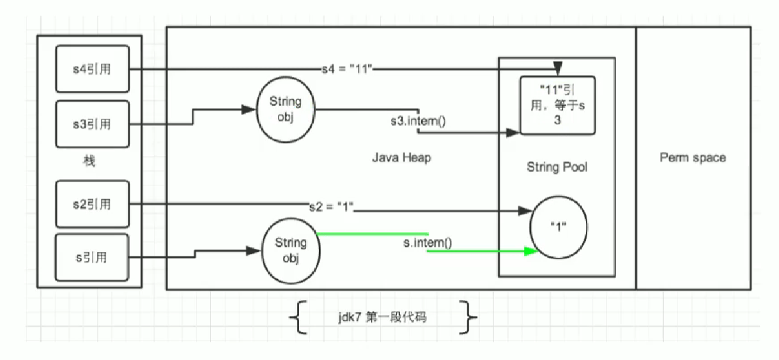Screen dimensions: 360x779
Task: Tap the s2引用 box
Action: pyautogui.click(x=93, y=205)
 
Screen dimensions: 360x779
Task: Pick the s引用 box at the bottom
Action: pyautogui.click(x=93, y=258)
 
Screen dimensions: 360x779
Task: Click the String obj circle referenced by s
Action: pyautogui.click(x=291, y=250)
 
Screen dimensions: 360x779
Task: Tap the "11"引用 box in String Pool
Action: pyautogui.click(x=558, y=106)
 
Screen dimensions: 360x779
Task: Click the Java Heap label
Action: pyautogui.click(x=401, y=157)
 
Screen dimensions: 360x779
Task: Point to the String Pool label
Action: pyautogui.click(x=557, y=168)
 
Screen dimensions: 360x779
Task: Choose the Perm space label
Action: pyautogui.click(x=693, y=157)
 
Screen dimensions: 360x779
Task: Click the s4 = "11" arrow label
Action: pyautogui.click(x=348, y=68)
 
